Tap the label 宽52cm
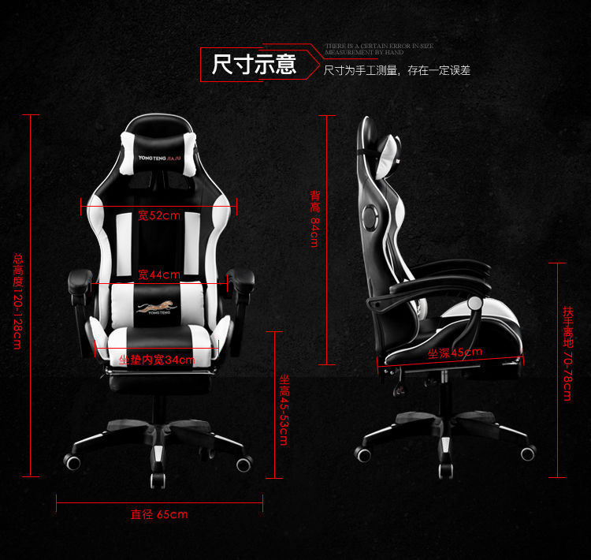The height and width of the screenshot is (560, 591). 159,215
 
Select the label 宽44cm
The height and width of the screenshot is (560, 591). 159,274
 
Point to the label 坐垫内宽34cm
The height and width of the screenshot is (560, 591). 157,360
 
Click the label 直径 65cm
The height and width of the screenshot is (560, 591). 159,515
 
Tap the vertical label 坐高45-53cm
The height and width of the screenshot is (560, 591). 284,409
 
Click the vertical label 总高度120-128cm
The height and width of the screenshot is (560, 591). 17,301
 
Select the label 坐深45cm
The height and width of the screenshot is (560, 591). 455,353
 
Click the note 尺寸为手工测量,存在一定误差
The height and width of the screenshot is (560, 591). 397,70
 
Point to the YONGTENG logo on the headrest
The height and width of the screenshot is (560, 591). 159,157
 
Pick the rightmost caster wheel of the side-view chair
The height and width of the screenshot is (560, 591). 527,453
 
